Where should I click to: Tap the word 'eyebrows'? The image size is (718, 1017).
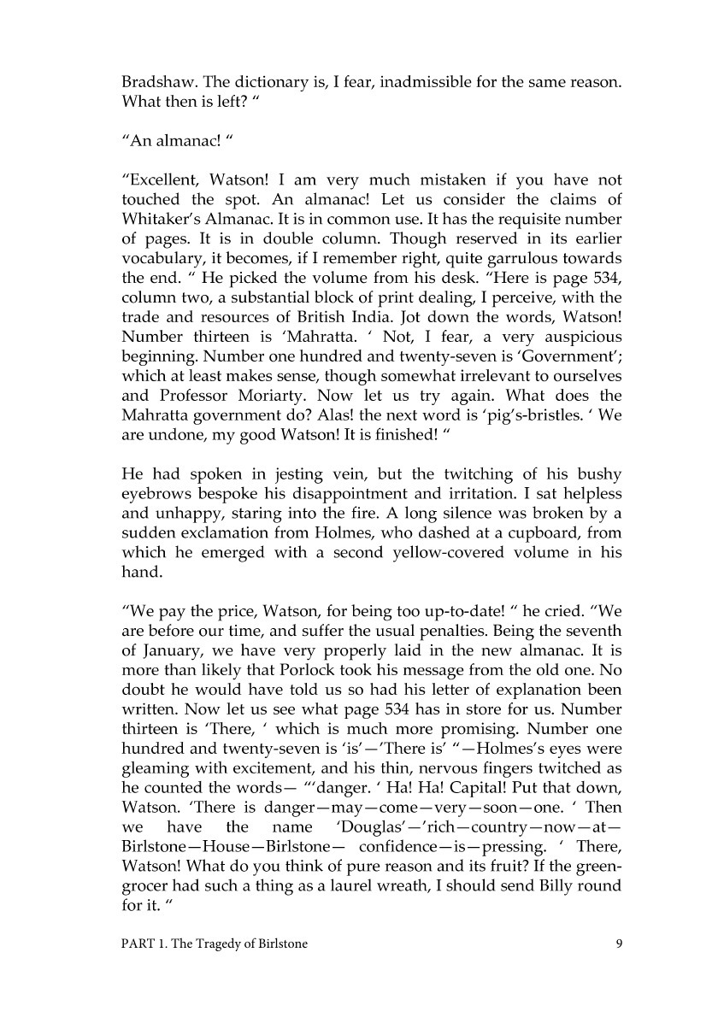155,492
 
